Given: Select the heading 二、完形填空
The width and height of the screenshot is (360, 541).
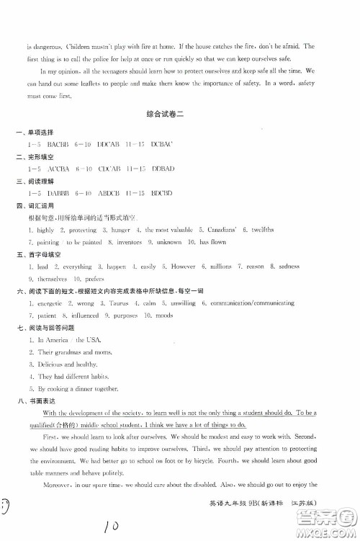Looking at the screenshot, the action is point(31,157).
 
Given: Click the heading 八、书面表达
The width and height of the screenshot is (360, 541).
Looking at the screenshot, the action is point(31,401).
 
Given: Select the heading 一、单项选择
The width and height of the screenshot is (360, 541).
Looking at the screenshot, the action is point(31,133).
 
